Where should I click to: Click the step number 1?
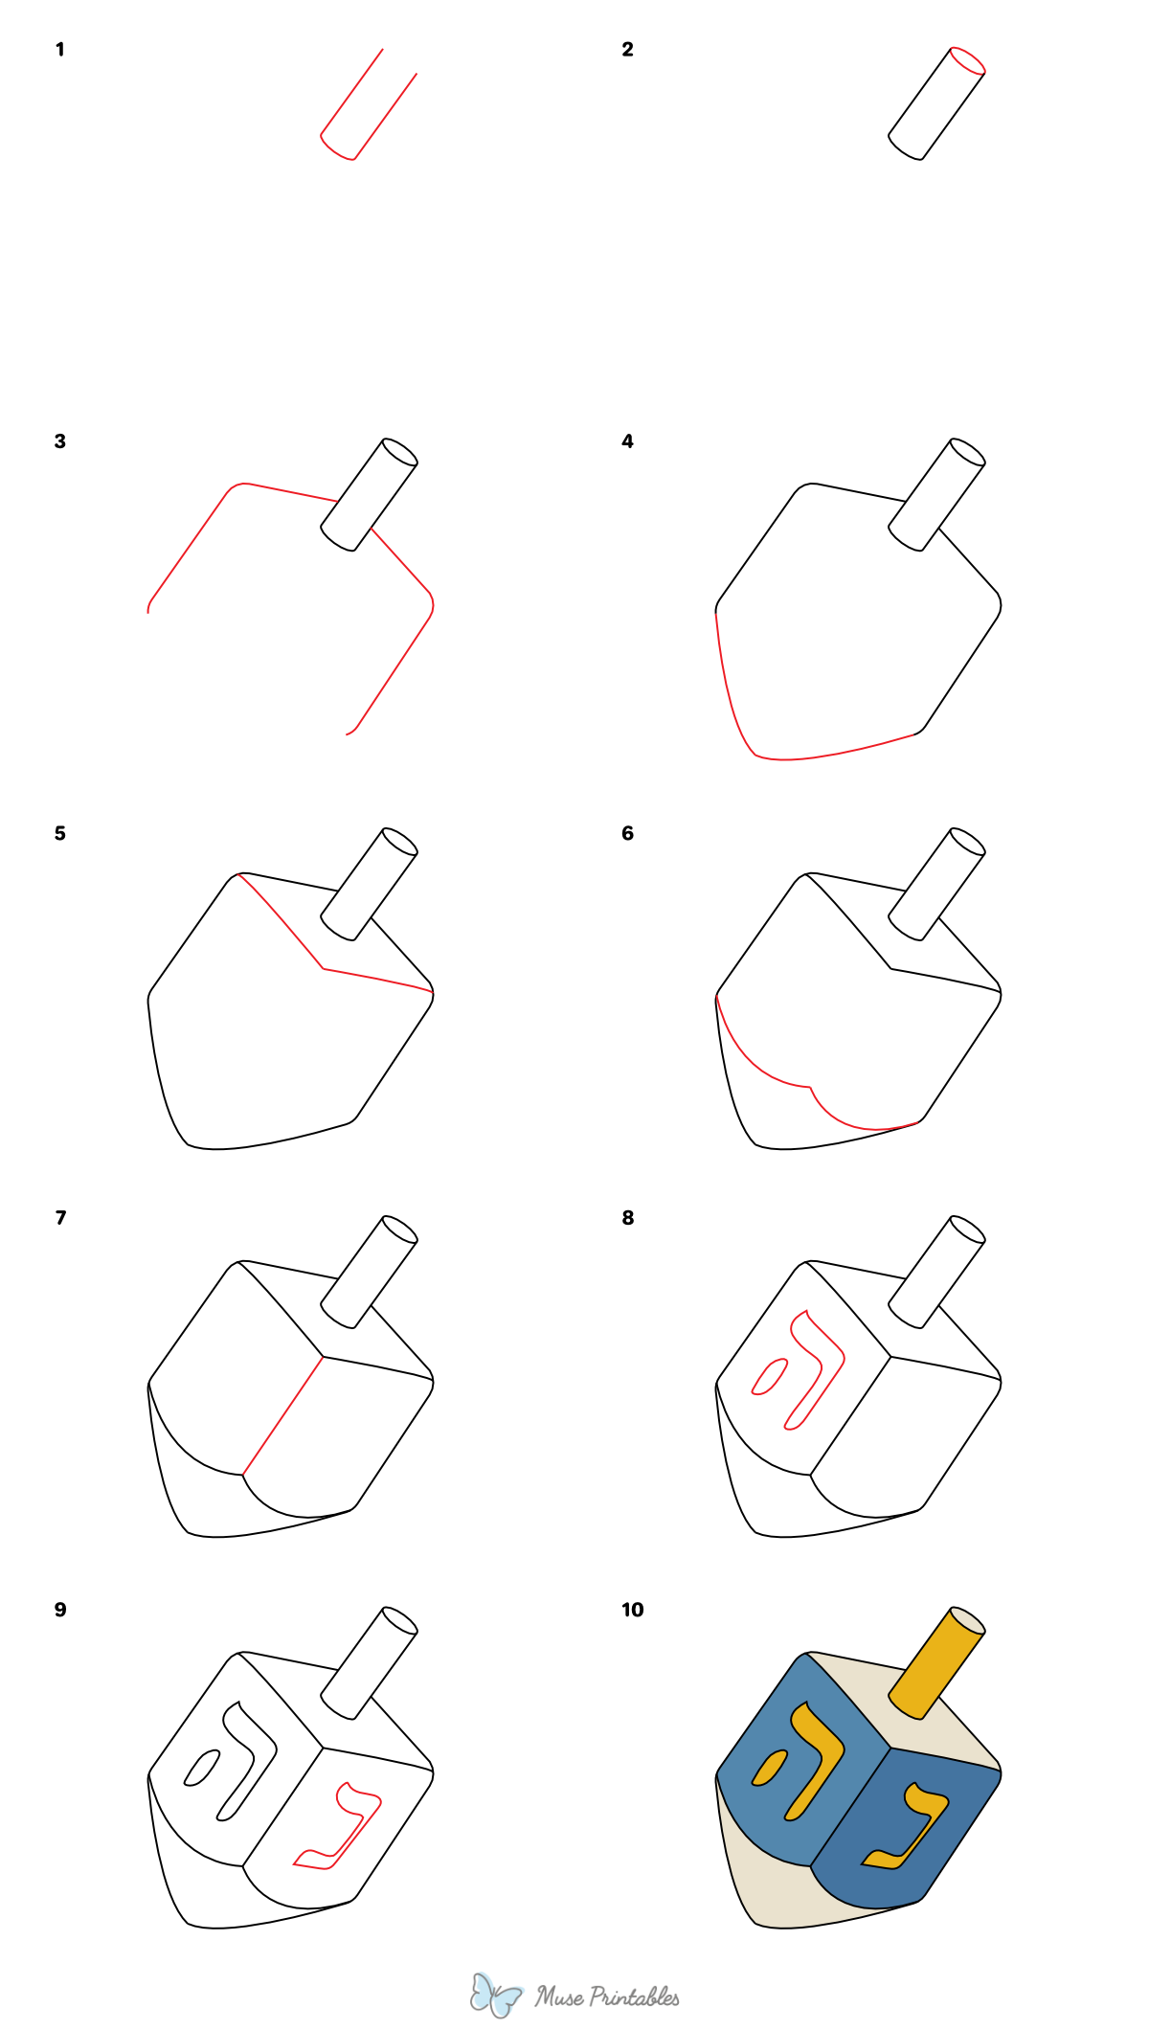(60, 50)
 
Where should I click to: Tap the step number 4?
(627, 441)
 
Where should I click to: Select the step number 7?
(61, 1218)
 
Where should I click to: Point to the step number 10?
(632, 1610)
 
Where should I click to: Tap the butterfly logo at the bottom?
(495, 1995)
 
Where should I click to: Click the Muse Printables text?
(607, 1997)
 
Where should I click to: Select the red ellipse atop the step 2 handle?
(967, 59)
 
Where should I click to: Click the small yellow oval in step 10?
(769, 1768)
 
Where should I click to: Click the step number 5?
(60, 834)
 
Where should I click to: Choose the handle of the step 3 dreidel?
(369, 495)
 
